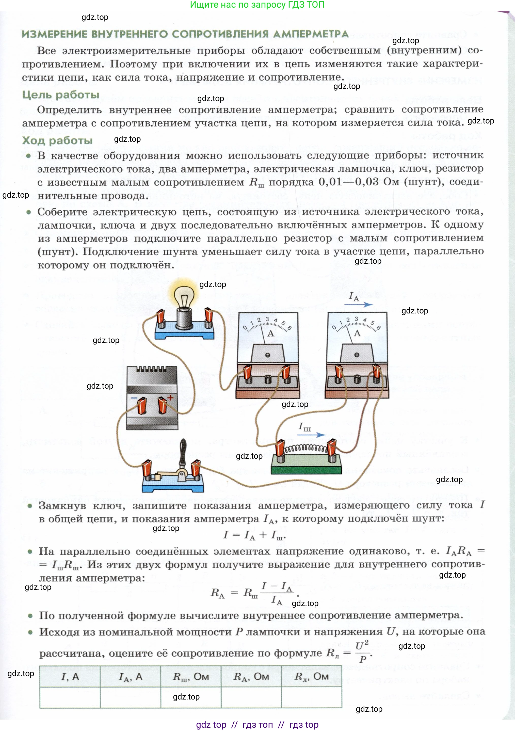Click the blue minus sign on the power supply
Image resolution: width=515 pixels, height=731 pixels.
coord(134,398)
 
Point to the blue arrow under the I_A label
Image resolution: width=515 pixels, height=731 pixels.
coord(358,304)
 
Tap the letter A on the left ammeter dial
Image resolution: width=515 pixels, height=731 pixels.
coord(270,333)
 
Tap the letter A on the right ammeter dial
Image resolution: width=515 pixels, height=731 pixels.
coord(357,333)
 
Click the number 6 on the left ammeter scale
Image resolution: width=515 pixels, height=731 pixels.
coord(289,328)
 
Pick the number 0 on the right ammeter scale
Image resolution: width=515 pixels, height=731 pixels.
coord(334,327)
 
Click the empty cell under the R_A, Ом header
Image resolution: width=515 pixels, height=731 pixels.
coord(251,697)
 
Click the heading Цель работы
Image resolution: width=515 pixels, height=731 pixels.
coord(61,95)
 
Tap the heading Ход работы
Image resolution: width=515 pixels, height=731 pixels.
coord(57,140)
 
